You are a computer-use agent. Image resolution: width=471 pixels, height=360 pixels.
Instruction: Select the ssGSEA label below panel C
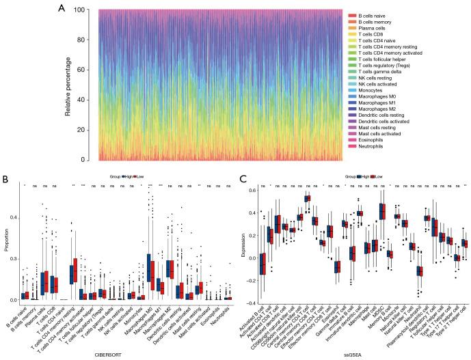click(x=355, y=354)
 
